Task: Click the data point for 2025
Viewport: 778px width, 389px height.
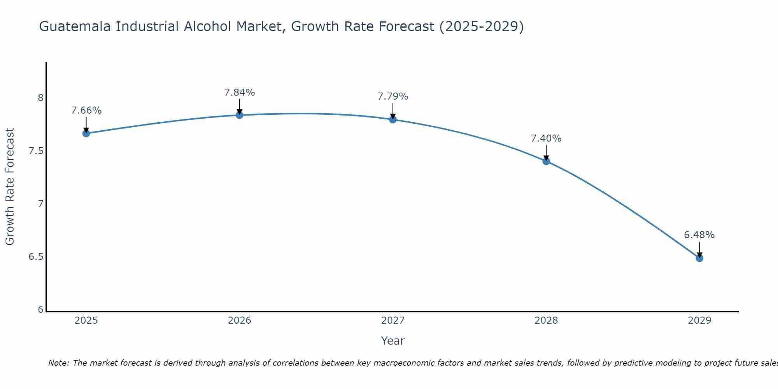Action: [86, 133]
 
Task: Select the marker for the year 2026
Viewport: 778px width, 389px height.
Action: [239, 115]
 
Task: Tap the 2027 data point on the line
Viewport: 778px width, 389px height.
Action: [393, 119]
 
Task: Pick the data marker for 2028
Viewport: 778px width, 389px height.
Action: [546, 161]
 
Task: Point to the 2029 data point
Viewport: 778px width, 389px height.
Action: [699, 258]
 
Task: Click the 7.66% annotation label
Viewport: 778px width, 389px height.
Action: [86, 110]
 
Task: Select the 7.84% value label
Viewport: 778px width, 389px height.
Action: [239, 93]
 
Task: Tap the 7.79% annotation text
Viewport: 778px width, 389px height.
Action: [393, 96]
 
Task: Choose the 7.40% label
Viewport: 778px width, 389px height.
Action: [546, 138]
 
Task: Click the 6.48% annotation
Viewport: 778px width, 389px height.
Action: [699, 235]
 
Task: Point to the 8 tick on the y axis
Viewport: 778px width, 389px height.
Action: [40, 98]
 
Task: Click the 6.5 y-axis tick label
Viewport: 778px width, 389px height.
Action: [36, 257]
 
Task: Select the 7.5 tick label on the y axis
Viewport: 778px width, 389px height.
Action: [36, 151]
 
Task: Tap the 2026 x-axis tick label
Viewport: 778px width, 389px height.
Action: [239, 321]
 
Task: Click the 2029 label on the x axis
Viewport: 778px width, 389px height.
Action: [699, 321]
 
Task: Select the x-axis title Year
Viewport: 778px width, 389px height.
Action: [393, 341]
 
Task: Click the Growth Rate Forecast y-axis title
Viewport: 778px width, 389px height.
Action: [10, 187]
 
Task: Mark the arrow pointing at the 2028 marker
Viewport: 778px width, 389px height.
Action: [546, 153]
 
